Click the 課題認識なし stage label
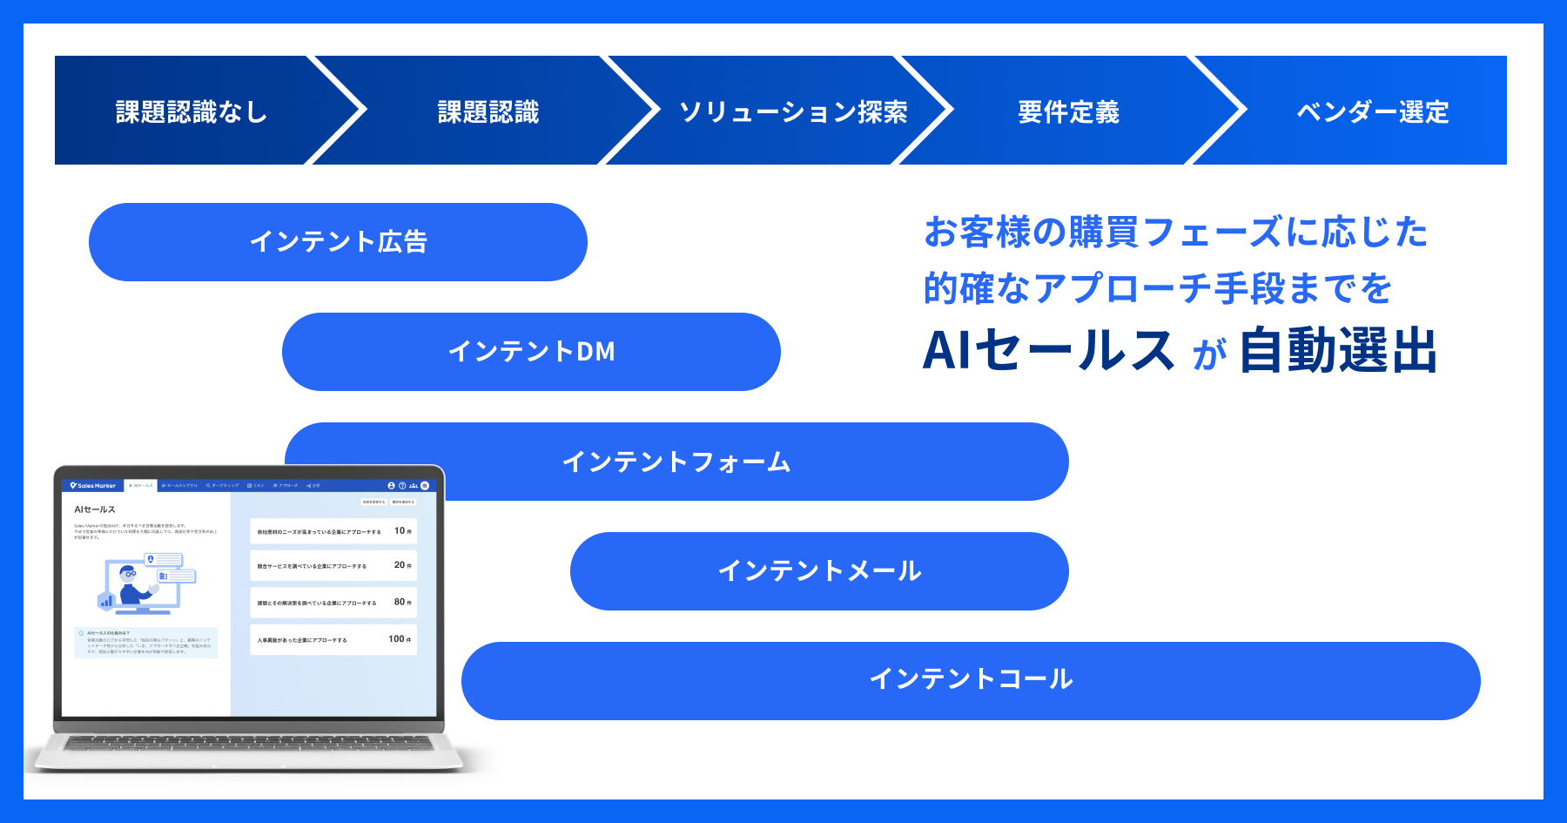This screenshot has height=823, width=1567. click(x=191, y=111)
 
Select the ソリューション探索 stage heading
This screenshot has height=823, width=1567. click(x=793, y=111)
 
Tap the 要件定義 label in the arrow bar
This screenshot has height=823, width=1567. click(x=1068, y=111)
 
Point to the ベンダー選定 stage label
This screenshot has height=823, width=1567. click(x=1372, y=111)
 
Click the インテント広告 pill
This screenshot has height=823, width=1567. click(x=338, y=241)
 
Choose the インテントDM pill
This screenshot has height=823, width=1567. click(x=531, y=351)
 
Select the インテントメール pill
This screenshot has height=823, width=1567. click(x=819, y=570)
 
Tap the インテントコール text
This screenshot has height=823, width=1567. click(x=971, y=679)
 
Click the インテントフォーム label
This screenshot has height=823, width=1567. click(x=676, y=462)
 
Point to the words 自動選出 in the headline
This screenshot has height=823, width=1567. click(x=1338, y=351)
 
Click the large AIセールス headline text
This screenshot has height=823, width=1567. click(x=1048, y=351)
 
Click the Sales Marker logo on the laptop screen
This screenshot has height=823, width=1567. click(x=93, y=486)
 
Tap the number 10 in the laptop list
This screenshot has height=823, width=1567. click(x=400, y=530)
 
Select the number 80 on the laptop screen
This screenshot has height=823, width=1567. click(x=400, y=602)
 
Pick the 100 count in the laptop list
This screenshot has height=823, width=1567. click(x=396, y=638)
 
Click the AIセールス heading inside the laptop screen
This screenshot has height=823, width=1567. click(x=95, y=509)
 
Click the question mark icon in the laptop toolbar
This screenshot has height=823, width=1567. click(x=402, y=486)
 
